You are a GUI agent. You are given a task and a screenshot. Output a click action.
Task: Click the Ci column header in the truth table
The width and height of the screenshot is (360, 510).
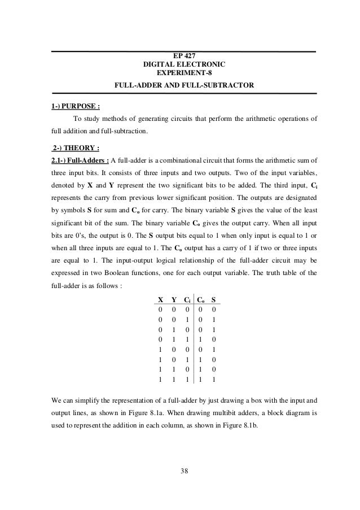pos(187,300)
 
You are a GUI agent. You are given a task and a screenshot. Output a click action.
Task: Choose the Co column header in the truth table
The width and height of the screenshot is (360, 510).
pos(201,300)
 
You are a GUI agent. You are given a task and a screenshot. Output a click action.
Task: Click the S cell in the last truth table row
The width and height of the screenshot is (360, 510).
pos(214,379)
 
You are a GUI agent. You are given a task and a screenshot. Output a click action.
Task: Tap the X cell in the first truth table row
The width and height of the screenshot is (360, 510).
pos(161,311)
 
